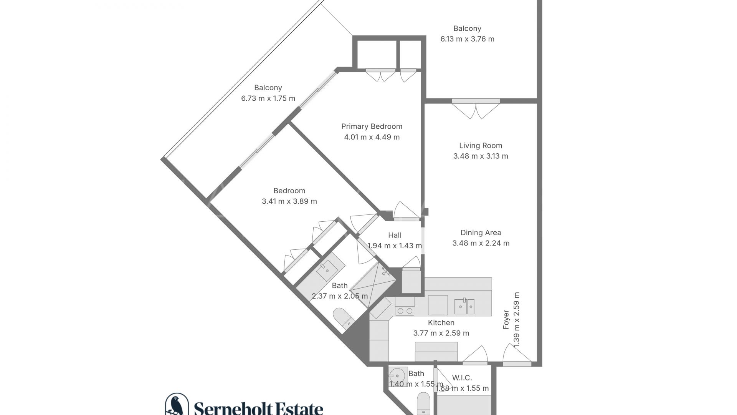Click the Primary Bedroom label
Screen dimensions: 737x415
click(372, 126)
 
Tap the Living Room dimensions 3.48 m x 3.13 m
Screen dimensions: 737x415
click(481, 156)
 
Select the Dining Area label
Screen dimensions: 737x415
click(481, 232)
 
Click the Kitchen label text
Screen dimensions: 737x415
click(441, 323)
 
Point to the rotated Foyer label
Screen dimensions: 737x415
click(506, 319)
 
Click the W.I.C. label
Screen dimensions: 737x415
click(462, 378)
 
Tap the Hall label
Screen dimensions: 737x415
click(395, 235)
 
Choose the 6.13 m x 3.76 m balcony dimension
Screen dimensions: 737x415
click(467, 39)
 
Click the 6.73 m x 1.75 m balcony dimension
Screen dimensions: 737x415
click(268, 98)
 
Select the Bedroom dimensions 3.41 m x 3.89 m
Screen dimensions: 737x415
click(289, 201)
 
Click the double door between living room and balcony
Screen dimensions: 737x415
click(476, 109)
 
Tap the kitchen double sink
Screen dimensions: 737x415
click(464, 306)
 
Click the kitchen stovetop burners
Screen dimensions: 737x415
click(404, 311)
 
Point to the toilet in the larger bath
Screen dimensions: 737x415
click(344, 318)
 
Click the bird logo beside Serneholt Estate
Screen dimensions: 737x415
click(177, 404)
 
